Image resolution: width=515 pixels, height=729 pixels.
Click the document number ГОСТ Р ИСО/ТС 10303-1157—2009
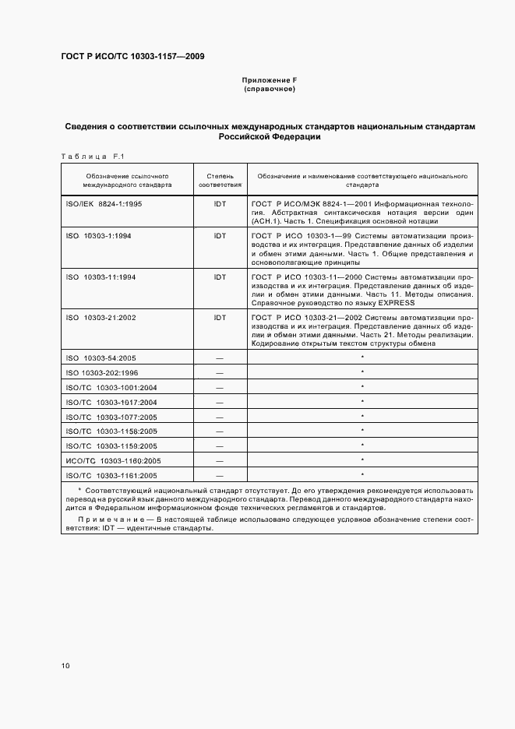click(132, 57)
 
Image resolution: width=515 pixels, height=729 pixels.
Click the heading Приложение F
click(270, 81)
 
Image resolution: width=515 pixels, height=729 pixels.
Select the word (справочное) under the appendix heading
click(270, 90)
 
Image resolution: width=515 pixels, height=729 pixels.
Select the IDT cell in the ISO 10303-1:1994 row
click(219, 235)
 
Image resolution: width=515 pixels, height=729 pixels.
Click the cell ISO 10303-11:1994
click(102, 276)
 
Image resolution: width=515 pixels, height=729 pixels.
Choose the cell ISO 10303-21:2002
click(102, 318)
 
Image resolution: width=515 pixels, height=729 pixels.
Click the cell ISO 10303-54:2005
click(102, 357)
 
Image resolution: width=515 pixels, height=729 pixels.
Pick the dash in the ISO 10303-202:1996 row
click(219, 372)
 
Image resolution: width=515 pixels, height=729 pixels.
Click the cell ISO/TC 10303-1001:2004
click(112, 387)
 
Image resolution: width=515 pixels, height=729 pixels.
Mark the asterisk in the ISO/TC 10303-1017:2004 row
click(362, 401)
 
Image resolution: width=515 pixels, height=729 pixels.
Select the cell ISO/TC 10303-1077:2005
click(112, 417)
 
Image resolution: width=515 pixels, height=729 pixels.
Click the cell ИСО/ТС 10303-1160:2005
click(112, 460)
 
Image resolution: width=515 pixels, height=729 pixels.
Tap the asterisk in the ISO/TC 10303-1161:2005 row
click(362, 474)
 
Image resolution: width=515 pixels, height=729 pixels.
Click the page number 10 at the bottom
click(66, 666)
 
